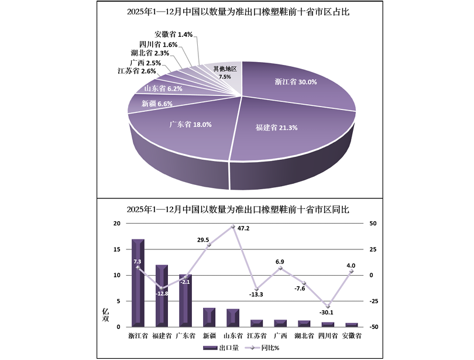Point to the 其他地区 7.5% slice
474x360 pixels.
225,73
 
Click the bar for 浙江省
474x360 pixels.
138,283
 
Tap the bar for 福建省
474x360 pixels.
162,296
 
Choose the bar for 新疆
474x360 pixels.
209,317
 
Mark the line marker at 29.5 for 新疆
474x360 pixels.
209,246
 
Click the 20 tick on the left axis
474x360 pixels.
116,224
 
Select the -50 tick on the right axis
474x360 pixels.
373,327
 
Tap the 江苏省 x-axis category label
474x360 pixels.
257,336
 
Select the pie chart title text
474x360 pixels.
238,12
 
